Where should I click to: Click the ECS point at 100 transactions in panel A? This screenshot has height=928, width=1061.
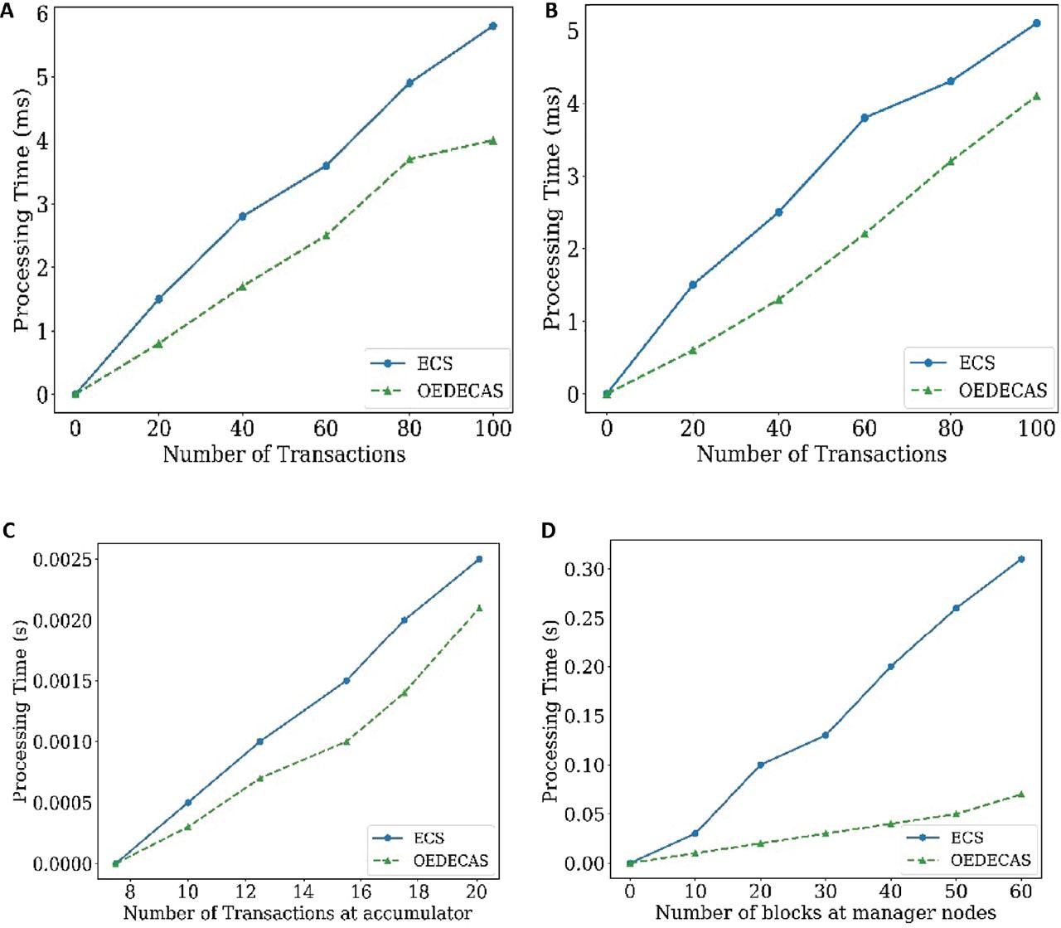click(493, 27)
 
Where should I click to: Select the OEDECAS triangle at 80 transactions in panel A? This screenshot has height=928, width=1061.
click(409, 158)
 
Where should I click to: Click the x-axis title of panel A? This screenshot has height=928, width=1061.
click(284, 454)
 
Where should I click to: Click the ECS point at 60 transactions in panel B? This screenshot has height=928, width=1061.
click(865, 118)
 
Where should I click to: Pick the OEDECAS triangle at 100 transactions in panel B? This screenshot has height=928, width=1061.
click(1036, 96)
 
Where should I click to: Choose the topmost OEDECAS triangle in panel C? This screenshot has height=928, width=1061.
click(478, 608)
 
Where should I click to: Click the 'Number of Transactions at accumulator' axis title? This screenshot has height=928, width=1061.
click(298, 913)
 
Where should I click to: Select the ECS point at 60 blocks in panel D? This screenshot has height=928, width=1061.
click(1020, 559)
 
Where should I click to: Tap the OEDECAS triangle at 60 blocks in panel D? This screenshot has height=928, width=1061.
click(1020, 794)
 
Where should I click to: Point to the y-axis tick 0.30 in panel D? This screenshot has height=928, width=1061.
click(585, 569)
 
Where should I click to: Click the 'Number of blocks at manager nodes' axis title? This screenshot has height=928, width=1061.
click(825, 913)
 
